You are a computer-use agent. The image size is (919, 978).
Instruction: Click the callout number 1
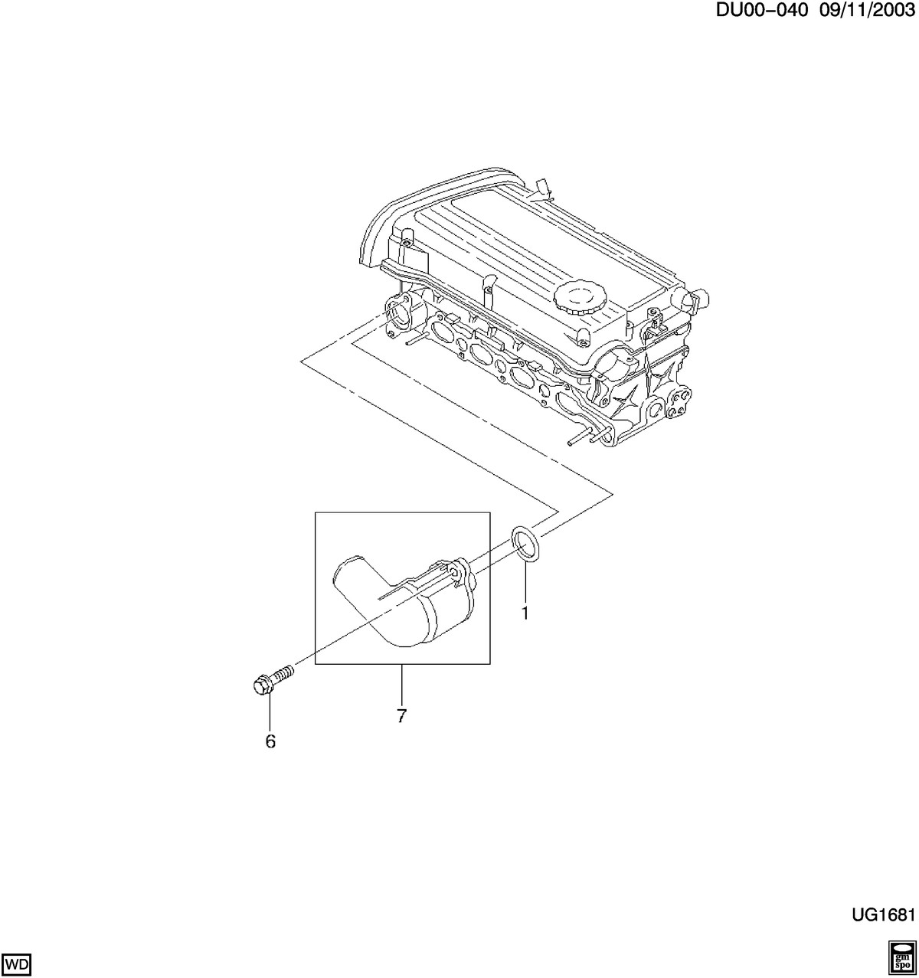tap(525, 613)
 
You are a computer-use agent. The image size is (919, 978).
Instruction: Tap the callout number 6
tap(270, 741)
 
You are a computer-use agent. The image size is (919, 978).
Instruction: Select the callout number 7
tap(401, 716)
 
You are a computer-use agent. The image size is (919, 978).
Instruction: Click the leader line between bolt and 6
tap(270, 713)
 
